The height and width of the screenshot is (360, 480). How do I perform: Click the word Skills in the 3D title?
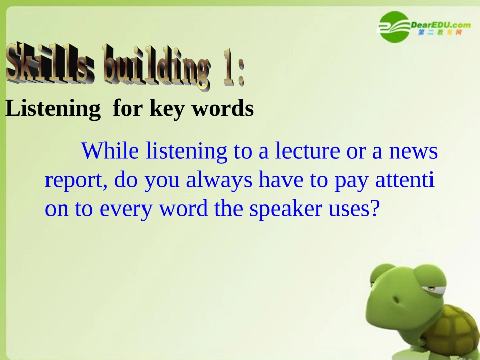click(x=51, y=63)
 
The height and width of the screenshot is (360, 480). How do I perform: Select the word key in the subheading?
click(x=167, y=109)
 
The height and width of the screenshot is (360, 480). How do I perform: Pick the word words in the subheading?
click(x=222, y=109)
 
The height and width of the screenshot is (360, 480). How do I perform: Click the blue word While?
click(x=110, y=151)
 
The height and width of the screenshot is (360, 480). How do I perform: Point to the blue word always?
click(x=219, y=180)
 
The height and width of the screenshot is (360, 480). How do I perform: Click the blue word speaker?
click(x=285, y=209)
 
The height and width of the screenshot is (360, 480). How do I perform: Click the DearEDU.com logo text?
click(x=441, y=25)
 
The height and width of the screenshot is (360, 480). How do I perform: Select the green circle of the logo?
click(x=394, y=27)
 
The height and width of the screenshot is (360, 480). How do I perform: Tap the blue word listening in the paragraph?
click(x=186, y=151)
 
